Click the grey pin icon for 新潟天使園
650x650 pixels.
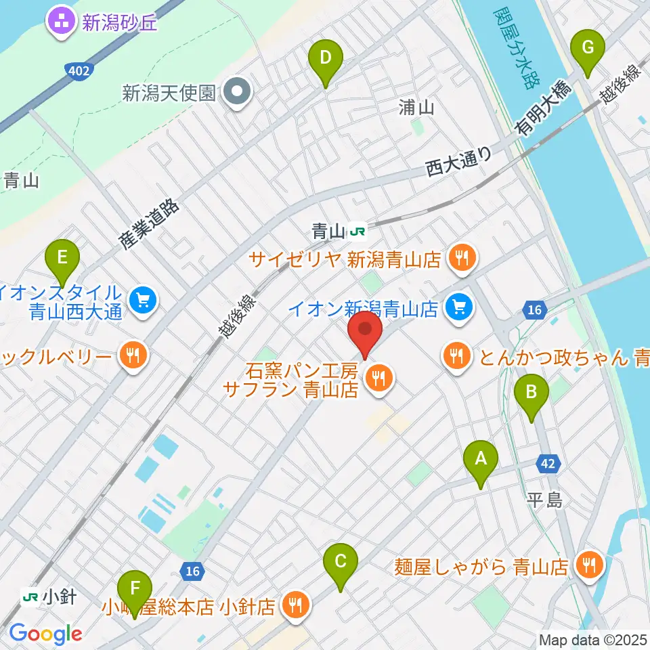(238, 93)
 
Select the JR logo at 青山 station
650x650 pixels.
(357, 232)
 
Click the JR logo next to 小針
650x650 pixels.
(30, 597)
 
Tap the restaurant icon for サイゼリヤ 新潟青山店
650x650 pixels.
(462, 258)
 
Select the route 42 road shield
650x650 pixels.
(549, 464)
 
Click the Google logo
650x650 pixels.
(45, 634)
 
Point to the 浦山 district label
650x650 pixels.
(416, 107)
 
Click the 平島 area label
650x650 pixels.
(545, 500)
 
